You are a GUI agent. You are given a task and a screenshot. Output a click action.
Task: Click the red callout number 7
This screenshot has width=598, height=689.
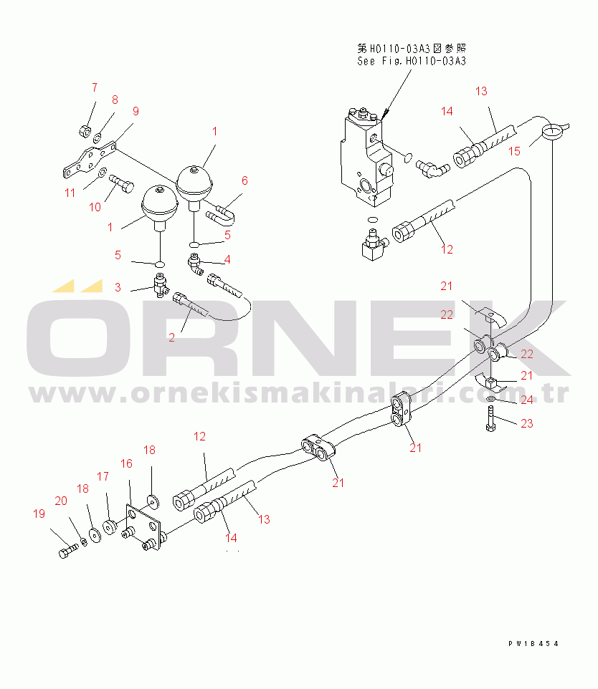(x=95, y=88)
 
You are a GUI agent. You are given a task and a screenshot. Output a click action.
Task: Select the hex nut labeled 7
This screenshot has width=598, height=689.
(x=85, y=130)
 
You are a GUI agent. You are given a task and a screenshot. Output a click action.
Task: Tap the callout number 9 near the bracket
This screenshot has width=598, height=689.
(x=136, y=112)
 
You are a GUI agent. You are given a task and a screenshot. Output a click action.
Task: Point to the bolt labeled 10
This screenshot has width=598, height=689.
(x=121, y=183)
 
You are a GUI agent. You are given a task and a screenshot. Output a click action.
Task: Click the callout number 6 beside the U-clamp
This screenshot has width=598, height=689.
(x=245, y=180)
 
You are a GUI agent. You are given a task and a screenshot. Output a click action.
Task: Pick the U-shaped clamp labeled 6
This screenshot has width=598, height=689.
(x=220, y=213)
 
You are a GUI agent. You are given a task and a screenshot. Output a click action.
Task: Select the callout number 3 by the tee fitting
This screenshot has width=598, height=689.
(x=118, y=287)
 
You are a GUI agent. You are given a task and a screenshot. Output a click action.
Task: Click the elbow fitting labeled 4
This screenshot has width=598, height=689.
(x=195, y=265)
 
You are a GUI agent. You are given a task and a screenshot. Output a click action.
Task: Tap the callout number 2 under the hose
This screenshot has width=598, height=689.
(x=171, y=337)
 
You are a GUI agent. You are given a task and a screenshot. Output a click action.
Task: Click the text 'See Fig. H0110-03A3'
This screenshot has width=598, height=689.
(x=412, y=61)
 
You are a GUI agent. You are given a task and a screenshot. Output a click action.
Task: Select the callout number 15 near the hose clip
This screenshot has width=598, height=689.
(x=514, y=152)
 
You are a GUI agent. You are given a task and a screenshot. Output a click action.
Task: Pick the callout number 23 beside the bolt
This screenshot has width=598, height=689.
(x=527, y=423)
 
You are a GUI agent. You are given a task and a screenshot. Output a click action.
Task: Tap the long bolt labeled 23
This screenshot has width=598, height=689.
(x=491, y=418)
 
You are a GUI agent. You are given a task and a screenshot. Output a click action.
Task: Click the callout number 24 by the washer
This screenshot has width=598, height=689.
(x=527, y=400)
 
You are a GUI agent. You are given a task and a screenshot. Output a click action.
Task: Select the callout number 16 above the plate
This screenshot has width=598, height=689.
(x=126, y=463)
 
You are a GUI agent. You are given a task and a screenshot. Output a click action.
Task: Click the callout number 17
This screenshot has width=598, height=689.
(x=103, y=477)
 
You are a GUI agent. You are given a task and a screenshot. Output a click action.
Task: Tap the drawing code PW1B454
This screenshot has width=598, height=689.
(x=533, y=644)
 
